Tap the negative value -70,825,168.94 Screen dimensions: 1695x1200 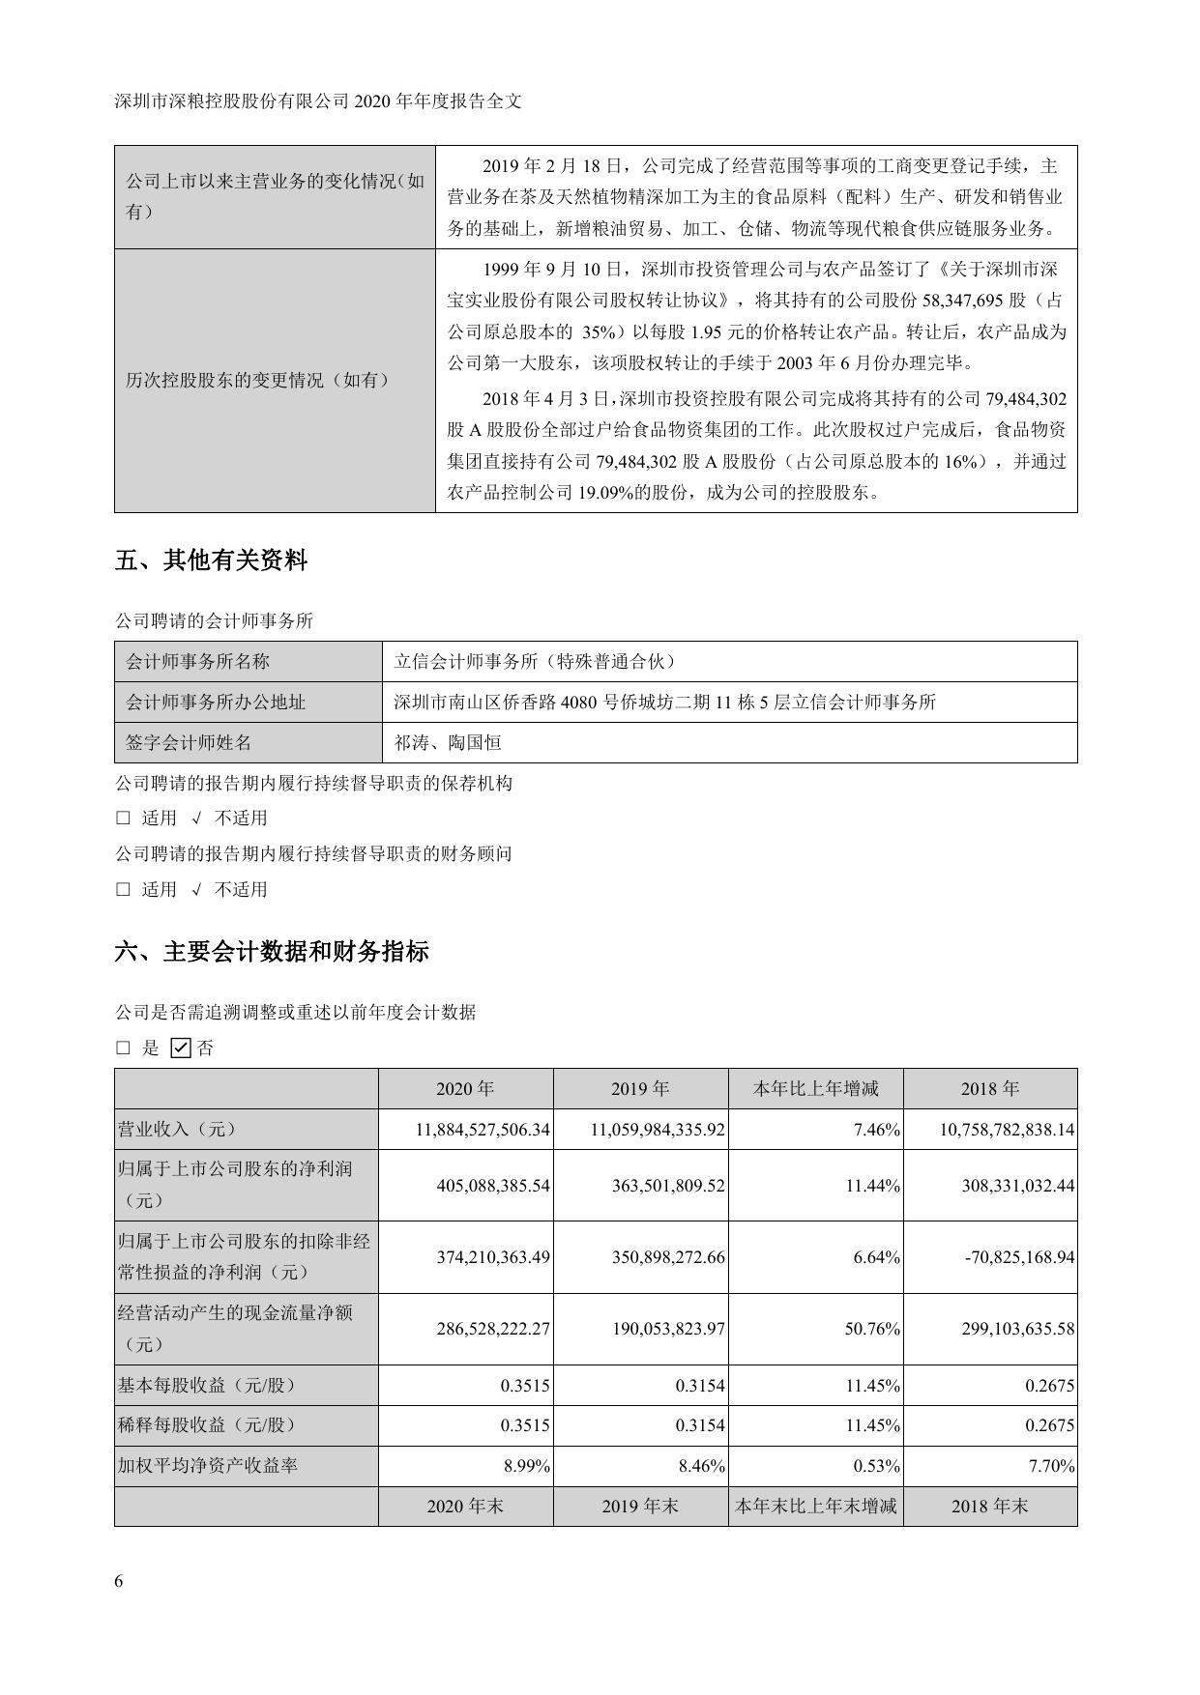(x=1014, y=1257)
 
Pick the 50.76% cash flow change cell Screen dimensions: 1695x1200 (x=872, y=1329)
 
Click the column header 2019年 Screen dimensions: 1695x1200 (x=640, y=1088)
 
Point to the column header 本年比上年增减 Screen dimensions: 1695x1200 (x=815, y=1088)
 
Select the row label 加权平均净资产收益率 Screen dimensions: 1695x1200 (x=207, y=1465)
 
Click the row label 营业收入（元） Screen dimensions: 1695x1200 (x=177, y=1129)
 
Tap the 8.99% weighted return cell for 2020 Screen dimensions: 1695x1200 (x=527, y=1466)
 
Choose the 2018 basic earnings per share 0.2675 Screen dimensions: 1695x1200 (x=1050, y=1385)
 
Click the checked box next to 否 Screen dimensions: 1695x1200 (x=180, y=1048)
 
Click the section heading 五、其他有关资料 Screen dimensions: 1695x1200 (x=211, y=560)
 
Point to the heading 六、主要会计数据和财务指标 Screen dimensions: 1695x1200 (x=272, y=952)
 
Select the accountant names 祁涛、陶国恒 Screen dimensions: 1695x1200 (x=448, y=742)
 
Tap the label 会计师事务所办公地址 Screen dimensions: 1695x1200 (x=216, y=702)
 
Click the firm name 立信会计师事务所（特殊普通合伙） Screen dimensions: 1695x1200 (x=535, y=661)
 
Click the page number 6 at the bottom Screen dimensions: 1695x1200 (x=119, y=1581)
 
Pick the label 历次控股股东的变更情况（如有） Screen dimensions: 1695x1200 (x=258, y=380)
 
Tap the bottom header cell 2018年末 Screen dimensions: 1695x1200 (x=989, y=1506)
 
